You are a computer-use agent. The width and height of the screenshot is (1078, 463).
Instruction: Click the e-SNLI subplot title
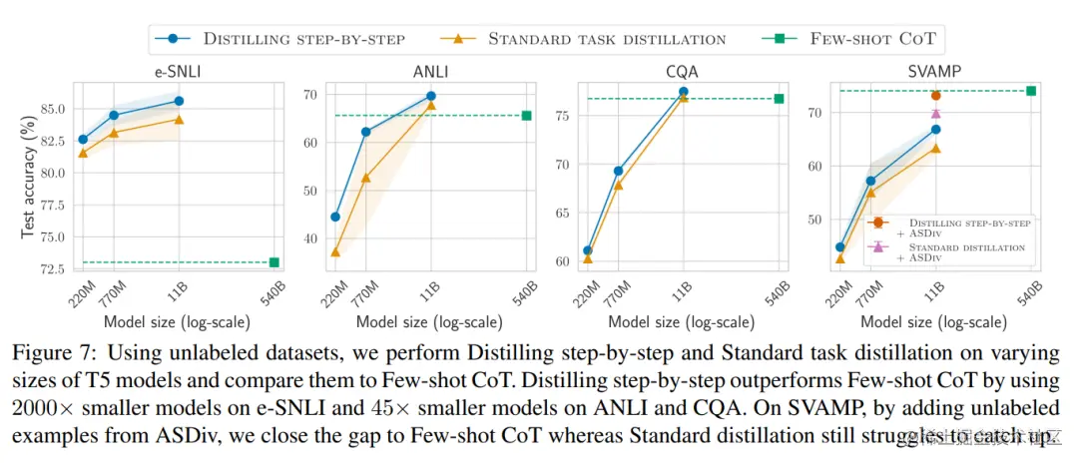(x=177, y=70)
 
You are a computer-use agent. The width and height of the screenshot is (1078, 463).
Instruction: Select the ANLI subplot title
(x=431, y=70)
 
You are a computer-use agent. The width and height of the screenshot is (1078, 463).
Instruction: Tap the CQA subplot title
(x=684, y=70)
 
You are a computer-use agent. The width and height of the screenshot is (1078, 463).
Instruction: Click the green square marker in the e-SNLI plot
(x=273, y=262)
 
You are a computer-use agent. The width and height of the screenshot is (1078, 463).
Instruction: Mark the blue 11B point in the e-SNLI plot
(x=179, y=101)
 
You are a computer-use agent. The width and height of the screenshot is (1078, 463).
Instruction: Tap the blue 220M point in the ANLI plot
(x=335, y=217)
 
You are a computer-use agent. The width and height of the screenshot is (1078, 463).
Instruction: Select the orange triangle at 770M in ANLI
(x=366, y=178)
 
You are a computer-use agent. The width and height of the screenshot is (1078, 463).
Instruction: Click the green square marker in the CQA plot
(x=779, y=98)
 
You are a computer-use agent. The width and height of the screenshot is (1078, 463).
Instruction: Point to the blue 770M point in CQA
(x=619, y=171)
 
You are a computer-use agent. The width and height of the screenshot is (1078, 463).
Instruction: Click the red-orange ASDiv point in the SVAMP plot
(x=935, y=96)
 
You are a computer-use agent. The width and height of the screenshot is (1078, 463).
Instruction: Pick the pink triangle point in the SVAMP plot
(x=935, y=113)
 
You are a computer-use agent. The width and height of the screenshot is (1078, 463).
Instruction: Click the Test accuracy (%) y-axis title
(x=29, y=177)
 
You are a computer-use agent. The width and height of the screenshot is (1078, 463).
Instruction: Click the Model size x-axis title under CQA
(x=681, y=321)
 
